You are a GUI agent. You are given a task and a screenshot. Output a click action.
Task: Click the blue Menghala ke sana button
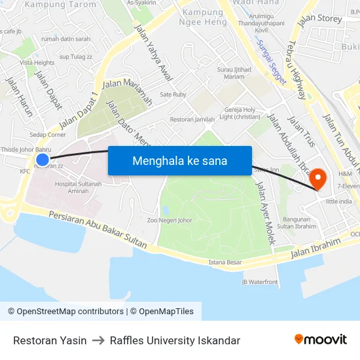tap(179, 160)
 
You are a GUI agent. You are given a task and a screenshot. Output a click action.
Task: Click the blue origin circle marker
tap(43, 159)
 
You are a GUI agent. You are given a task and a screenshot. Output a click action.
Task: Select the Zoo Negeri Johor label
tap(170, 221)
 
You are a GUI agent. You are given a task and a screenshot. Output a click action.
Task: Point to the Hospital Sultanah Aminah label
tap(78, 187)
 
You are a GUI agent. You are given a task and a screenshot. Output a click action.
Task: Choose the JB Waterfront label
tap(260, 282)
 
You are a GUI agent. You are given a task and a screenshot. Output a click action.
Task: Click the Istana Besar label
tap(225, 262)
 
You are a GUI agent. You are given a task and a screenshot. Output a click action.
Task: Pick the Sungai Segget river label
tap(271, 62)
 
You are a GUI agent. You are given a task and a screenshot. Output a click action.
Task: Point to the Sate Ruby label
tap(173, 95)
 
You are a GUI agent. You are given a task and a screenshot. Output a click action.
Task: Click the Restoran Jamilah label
tap(192, 120)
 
